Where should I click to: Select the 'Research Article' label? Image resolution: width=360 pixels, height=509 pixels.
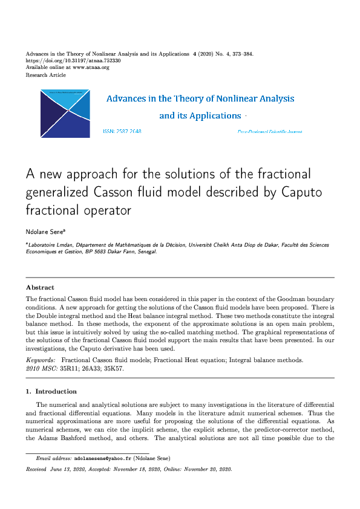(46, 75)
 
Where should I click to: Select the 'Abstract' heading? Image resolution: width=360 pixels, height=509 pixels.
(40, 288)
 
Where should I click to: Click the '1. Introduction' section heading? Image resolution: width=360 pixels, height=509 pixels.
(51, 392)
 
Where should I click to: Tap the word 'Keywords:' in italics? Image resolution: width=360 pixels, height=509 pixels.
(41, 360)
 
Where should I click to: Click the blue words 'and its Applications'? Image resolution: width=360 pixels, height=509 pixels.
(200, 115)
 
